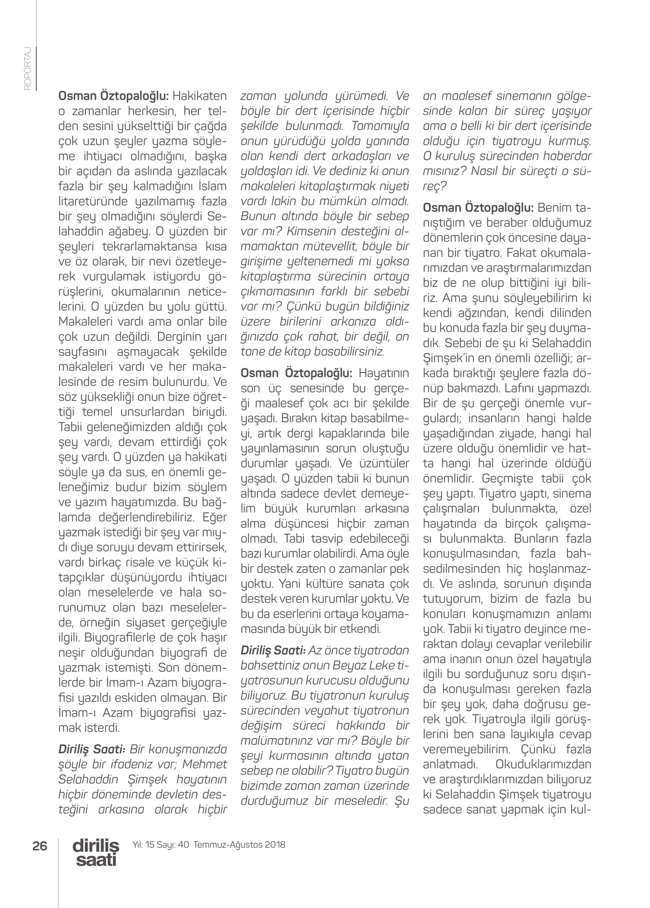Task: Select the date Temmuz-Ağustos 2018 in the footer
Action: pyautogui.click(x=239, y=844)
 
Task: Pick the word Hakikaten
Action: pyautogui.click(x=200, y=96)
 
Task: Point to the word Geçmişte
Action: pyautogui.click(x=508, y=478)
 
